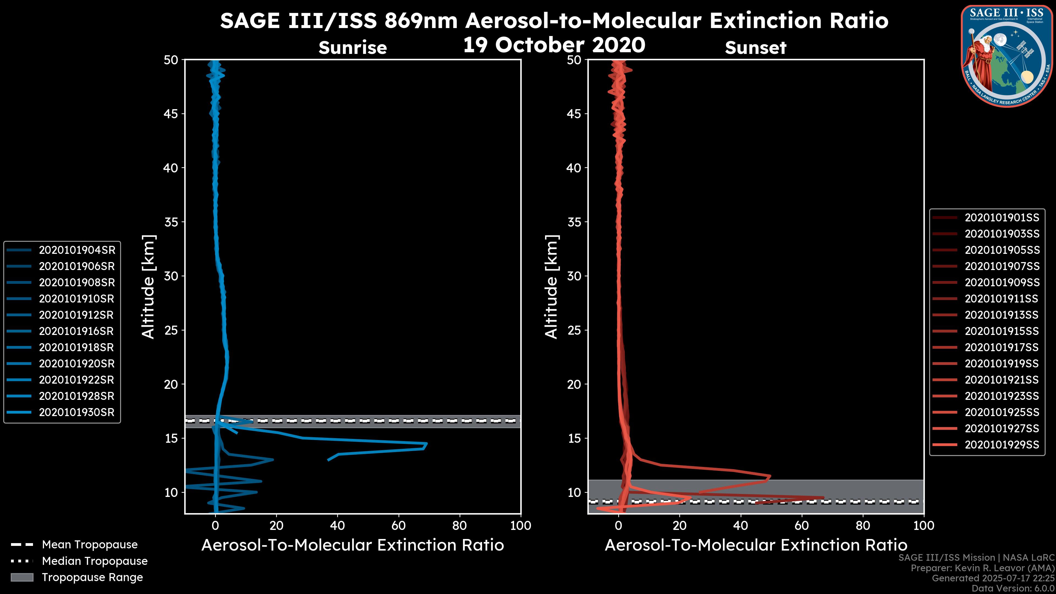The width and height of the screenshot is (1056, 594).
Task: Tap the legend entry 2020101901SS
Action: (x=1002, y=218)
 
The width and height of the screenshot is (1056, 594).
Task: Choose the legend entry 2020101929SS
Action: (x=1002, y=445)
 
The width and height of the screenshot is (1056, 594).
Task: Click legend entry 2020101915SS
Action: (x=1002, y=331)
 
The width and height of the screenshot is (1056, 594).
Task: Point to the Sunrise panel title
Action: (x=353, y=48)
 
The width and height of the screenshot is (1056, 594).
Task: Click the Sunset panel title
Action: (x=755, y=48)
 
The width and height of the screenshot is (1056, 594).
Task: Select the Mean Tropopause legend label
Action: (x=90, y=545)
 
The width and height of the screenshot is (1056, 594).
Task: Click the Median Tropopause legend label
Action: (x=95, y=561)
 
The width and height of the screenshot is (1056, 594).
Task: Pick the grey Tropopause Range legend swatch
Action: (x=22, y=577)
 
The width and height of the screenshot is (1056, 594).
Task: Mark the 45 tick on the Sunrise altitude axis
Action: (x=171, y=114)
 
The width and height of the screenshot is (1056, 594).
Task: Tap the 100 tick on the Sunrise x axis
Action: (x=520, y=526)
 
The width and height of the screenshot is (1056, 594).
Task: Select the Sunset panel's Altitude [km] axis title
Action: (x=551, y=287)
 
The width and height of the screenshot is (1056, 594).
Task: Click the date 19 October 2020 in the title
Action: (x=554, y=45)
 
